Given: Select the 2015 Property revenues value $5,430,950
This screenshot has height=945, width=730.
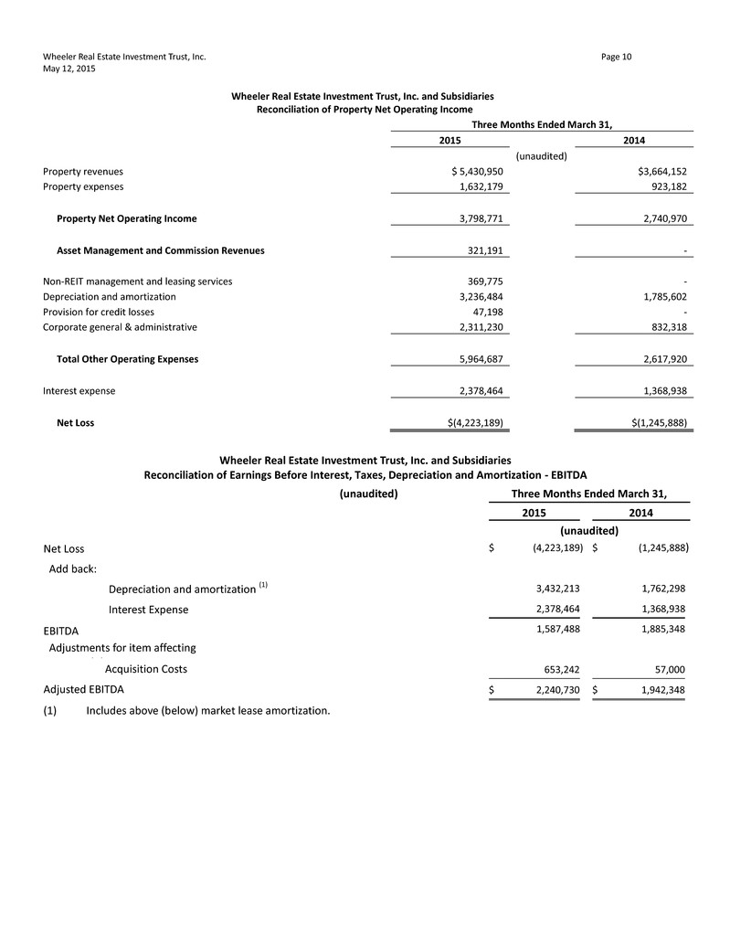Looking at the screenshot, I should pyautogui.click(x=471, y=171).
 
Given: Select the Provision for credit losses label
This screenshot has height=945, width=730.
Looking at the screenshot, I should pyautogui.click(x=105, y=312).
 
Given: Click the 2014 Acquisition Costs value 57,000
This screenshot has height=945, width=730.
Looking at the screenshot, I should pyautogui.click(x=665, y=669).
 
